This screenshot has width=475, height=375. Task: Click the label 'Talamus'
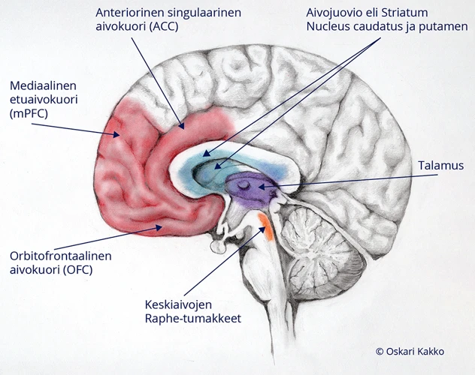point(441,166)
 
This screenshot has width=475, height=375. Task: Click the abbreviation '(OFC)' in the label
point(75,268)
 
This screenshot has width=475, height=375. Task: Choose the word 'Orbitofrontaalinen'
point(59,255)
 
